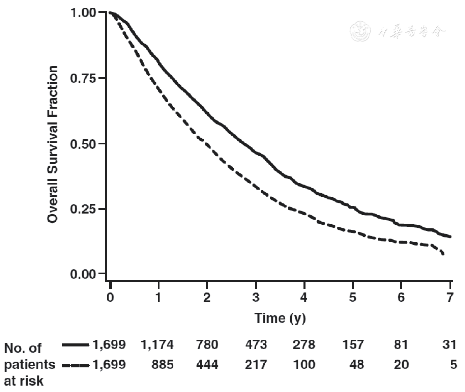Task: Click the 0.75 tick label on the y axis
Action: click(83, 78)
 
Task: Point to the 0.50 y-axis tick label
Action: click(83, 144)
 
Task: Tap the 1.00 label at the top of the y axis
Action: click(83, 13)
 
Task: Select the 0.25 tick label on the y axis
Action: click(83, 209)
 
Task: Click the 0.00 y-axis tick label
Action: click(83, 274)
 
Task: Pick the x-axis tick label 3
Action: click(256, 297)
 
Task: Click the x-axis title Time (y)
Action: click(280, 318)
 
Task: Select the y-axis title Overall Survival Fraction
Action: click(52, 144)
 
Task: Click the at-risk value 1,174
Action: click(157, 345)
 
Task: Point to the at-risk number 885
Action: click(163, 365)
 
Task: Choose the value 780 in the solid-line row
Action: click(207, 345)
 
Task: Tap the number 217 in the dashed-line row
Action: click(256, 365)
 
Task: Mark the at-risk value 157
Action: click(353, 345)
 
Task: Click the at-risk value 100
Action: click(304, 365)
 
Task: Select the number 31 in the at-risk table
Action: click(449, 345)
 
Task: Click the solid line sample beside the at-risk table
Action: click(76, 345)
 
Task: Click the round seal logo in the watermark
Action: click(360, 31)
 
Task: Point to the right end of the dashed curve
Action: click(443, 254)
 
